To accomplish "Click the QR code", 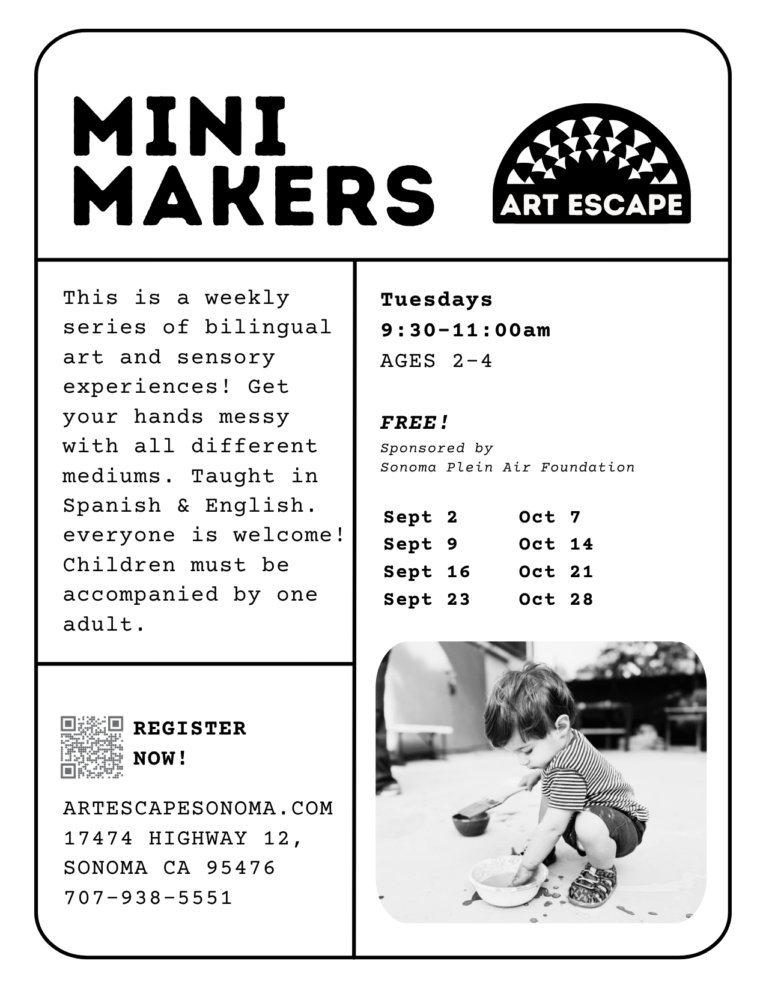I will (x=92, y=747).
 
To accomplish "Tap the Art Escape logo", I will (x=591, y=163).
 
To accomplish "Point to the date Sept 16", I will (x=427, y=572).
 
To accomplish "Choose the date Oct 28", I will (x=556, y=599).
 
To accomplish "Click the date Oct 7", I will (x=550, y=517).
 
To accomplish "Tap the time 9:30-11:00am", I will (x=465, y=330).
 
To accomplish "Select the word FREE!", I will (x=415, y=423).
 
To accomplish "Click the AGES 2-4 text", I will (x=436, y=361).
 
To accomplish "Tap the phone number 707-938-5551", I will (x=148, y=898).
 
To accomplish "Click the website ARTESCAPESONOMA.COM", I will (x=198, y=808).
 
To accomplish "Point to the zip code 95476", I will (x=240, y=868).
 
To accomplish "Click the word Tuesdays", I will (x=436, y=299).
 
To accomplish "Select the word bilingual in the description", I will (x=268, y=327).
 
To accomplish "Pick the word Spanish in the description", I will (x=112, y=506).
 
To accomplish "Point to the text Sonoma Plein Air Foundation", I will (x=507, y=467).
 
